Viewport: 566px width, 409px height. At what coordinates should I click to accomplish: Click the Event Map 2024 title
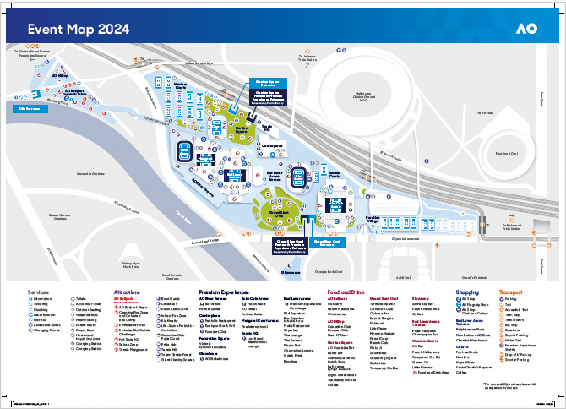(79, 29)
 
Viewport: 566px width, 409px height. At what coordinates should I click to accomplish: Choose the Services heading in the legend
(39, 292)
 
